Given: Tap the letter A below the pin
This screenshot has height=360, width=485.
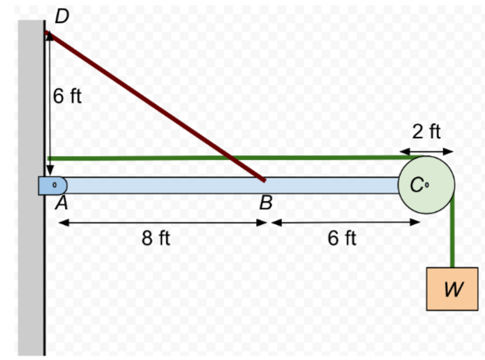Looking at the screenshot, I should coord(63,202).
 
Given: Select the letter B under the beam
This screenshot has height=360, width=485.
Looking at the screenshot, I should coord(265,202).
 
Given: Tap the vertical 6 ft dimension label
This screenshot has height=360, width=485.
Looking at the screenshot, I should coord(67,96).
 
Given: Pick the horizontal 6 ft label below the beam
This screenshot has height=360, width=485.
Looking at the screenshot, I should coord(342,238).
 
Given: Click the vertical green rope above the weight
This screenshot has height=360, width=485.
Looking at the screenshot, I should coord(452,239).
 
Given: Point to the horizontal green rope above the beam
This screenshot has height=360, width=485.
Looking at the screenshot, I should coord(224,158).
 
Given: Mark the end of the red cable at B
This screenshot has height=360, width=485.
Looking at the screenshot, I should coord(263,179).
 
